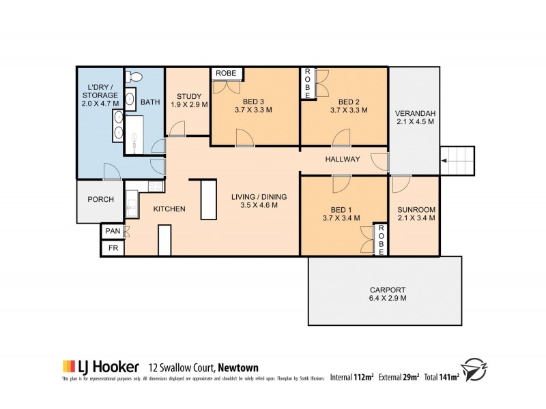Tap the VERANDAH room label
point(415,117)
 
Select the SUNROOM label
point(415,213)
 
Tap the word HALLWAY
point(343,160)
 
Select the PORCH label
point(100,200)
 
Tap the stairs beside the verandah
point(455,161)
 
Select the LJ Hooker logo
point(101,367)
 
